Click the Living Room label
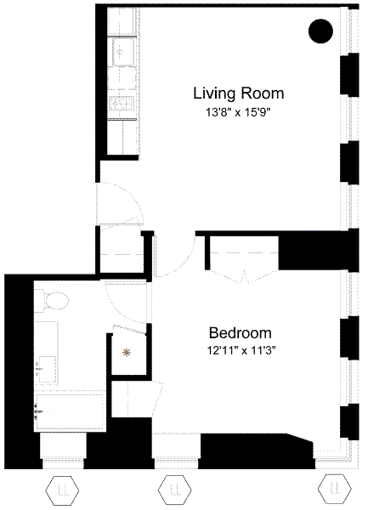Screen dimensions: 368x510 coord(239,93)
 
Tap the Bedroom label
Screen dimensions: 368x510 coord(240,333)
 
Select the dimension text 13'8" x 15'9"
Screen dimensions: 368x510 coord(238,113)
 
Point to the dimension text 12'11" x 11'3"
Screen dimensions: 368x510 coord(241,351)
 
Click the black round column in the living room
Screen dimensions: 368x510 coord(320,31)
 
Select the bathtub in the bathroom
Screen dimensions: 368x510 coord(70,412)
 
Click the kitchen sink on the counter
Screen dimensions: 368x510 coord(122,51)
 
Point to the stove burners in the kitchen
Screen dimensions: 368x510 coord(122,104)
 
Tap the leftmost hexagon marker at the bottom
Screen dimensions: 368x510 coord(62,490)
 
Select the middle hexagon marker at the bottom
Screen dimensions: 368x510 coord(174,490)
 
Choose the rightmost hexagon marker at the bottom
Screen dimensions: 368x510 coord(335,489)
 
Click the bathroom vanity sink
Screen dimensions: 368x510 coord(47,370)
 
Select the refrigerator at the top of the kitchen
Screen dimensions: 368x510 coord(122,21)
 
